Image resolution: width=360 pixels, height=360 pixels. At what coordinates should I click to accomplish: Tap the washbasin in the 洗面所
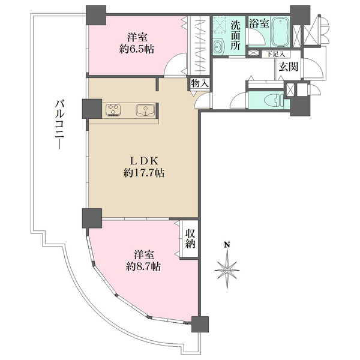pyautogui.click(x=217, y=48)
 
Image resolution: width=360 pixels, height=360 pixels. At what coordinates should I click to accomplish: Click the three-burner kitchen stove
pyautogui.click(x=113, y=110)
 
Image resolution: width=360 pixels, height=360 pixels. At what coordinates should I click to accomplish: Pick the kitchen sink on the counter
pyautogui.click(x=145, y=110)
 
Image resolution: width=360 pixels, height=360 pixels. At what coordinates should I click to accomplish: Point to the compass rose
pyautogui.click(x=227, y=270)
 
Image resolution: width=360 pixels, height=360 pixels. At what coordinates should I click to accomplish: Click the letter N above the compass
pyautogui.click(x=227, y=245)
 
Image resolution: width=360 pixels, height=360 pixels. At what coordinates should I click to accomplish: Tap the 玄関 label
pyautogui.click(x=289, y=67)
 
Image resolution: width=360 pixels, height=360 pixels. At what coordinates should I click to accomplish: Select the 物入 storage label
pyautogui.click(x=200, y=83)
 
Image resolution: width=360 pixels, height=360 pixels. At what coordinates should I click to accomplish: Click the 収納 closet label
pyautogui.click(x=190, y=239)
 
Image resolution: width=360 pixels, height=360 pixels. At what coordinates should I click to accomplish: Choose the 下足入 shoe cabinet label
pyautogui.click(x=276, y=55)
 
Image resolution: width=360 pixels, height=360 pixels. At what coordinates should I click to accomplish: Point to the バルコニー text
pyautogui.click(x=59, y=124)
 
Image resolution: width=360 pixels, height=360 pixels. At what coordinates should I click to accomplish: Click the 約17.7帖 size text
pyautogui.click(x=144, y=173)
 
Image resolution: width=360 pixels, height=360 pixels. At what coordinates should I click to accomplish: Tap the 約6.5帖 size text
pyautogui.click(x=136, y=49)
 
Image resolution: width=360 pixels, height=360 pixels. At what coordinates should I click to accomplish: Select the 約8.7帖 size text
pyautogui.click(x=143, y=266)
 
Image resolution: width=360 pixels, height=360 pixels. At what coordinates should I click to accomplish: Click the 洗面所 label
pyautogui.click(x=235, y=35)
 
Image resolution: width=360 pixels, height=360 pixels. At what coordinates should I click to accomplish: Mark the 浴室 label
pyautogui.click(x=259, y=23)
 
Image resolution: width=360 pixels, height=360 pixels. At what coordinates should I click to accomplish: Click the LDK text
pyautogui.click(x=144, y=161)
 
